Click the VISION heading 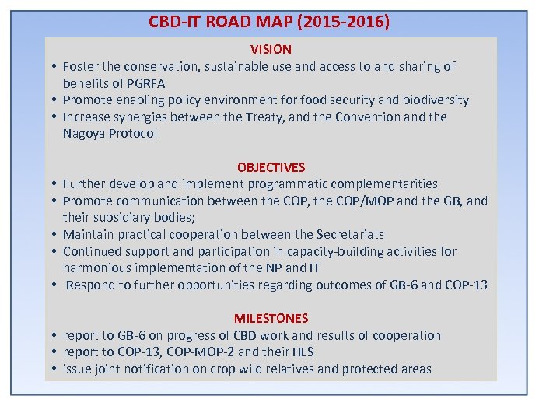click(271, 49)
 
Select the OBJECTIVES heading click(271, 167)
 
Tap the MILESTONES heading click(271, 318)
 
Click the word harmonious click(96, 268)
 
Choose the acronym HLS click(301, 352)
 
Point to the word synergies click(138, 117)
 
